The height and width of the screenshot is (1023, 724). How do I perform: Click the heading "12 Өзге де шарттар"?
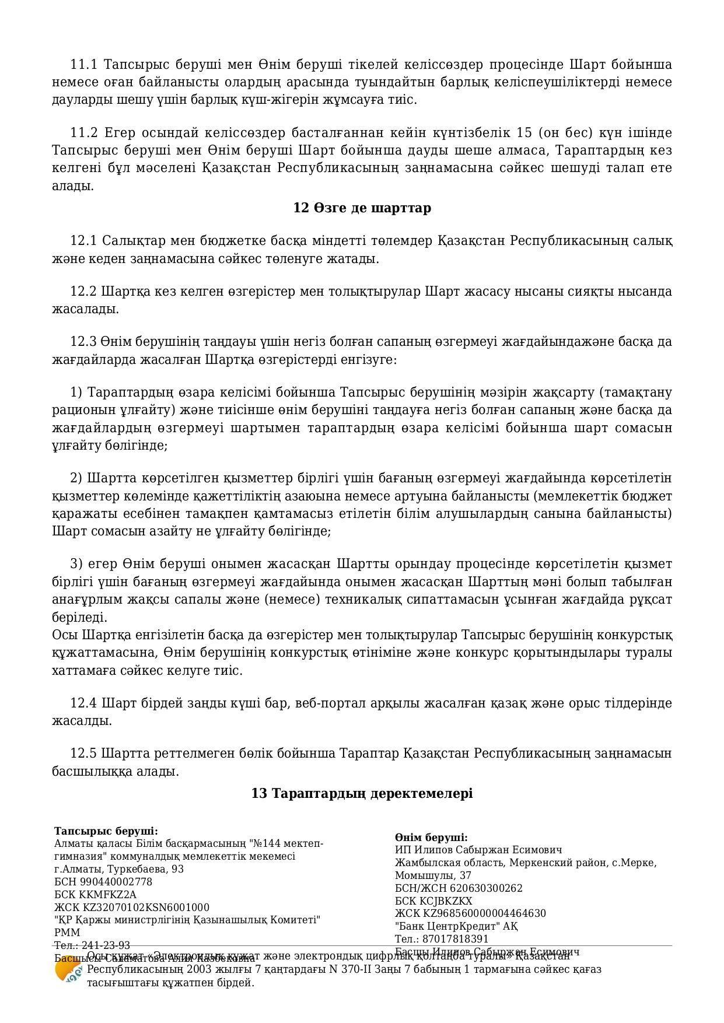pos(362,208)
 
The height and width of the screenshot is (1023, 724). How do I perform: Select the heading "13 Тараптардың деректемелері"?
pos(362,793)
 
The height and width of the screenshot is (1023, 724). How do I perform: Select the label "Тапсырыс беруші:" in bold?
pos(106,831)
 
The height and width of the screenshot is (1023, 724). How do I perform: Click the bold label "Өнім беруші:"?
pos(431,838)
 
